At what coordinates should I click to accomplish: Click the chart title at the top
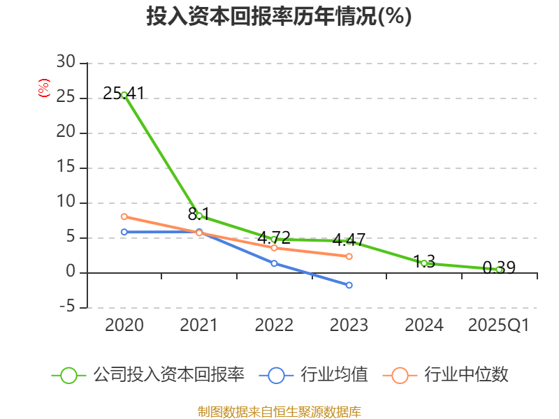(x=279, y=17)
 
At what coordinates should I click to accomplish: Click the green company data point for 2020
(x=124, y=94)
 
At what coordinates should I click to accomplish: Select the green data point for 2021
(x=199, y=216)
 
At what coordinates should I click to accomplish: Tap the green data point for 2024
(x=424, y=263)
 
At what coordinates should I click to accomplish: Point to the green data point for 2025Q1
(x=499, y=270)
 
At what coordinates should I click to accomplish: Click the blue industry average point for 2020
(x=124, y=232)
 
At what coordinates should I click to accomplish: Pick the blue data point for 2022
(x=274, y=263)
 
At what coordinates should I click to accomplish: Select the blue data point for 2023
(x=349, y=285)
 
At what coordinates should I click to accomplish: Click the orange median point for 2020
(x=124, y=216)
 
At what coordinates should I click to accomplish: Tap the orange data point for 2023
(x=349, y=256)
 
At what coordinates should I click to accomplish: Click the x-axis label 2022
(x=274, y=325)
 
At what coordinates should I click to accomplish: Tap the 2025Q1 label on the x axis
(x=499, y=325)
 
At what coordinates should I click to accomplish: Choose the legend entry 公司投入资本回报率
(x=168, y=375)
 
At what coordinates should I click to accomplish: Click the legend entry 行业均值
(x=334, y=375)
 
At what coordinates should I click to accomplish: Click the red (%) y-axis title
(x=44, y=89)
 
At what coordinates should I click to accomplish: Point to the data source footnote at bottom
(x=279, y=411)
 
